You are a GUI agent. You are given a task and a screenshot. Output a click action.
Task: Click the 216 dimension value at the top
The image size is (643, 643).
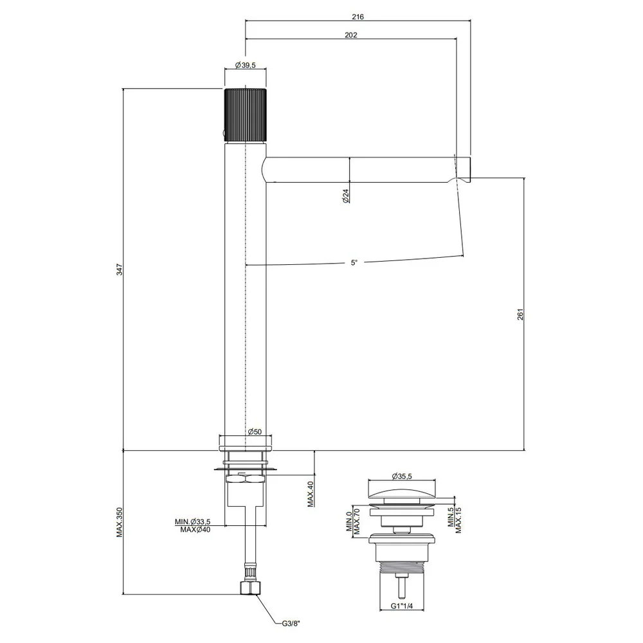[x=358, y=17]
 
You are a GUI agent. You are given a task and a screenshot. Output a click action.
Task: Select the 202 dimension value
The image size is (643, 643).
[x=350, y=35]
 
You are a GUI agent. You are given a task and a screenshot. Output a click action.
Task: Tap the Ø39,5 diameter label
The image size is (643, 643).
[x=245, y=65]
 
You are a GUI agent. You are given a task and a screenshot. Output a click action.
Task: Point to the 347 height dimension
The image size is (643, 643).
[x=120, y=269]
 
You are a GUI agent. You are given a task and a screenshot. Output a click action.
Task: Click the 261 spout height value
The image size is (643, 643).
[x=520, y=314]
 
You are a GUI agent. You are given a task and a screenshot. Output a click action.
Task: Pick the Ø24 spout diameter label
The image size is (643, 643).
[x=346, y=195]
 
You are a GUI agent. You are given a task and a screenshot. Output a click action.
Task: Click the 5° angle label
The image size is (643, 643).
[x=354, y=262]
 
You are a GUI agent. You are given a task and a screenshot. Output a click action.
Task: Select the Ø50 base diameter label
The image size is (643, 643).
[x=255, y=431]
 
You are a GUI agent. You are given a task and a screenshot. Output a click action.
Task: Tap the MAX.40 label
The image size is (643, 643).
[x=311, y=494]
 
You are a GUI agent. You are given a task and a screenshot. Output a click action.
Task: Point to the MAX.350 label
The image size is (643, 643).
[x=120, y=522]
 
